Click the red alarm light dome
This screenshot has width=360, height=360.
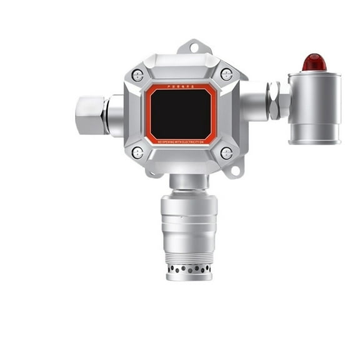[314, 62]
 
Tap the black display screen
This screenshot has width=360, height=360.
[182, 113]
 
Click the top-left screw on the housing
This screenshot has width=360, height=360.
[137, 76]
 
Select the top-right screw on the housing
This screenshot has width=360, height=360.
[226, 74]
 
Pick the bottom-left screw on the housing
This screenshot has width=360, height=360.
[137, 152]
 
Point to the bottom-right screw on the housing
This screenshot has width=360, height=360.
[226, 152]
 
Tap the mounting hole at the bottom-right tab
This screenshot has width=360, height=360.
[236, 168]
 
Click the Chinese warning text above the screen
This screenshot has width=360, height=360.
[182, 87]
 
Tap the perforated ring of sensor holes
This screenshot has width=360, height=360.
[189, 269]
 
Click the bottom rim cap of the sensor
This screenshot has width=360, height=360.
[189, 277]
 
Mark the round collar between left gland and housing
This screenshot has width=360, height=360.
[116, 115]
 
